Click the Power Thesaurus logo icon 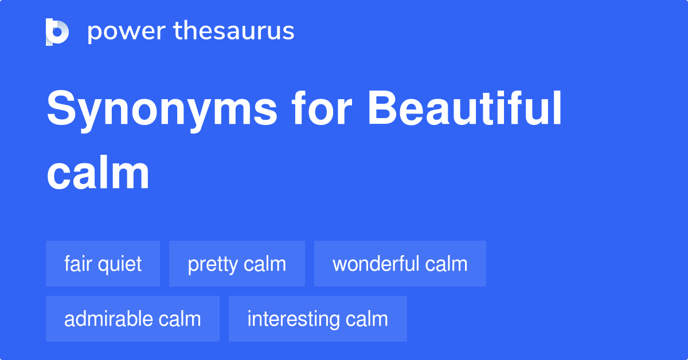[x=57, y=32]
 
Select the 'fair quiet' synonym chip [x=103, y=264]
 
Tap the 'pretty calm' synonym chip [x=237, y=264]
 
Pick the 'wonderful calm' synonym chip [x=400, y=264]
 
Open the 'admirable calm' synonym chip [x=132, y=319]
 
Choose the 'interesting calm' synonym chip [x=318, y=319]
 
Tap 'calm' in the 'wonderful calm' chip [x=446, y=264]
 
